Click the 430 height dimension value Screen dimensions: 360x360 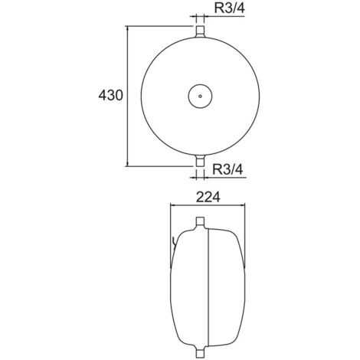110,96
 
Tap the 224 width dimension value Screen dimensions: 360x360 208,197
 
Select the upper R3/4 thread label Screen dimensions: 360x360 230,8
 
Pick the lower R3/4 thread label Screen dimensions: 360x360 228,169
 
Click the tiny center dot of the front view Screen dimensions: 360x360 200,96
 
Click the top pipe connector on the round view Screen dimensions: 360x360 200,32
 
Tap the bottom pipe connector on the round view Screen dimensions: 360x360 200,160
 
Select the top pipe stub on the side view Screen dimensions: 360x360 200,223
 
